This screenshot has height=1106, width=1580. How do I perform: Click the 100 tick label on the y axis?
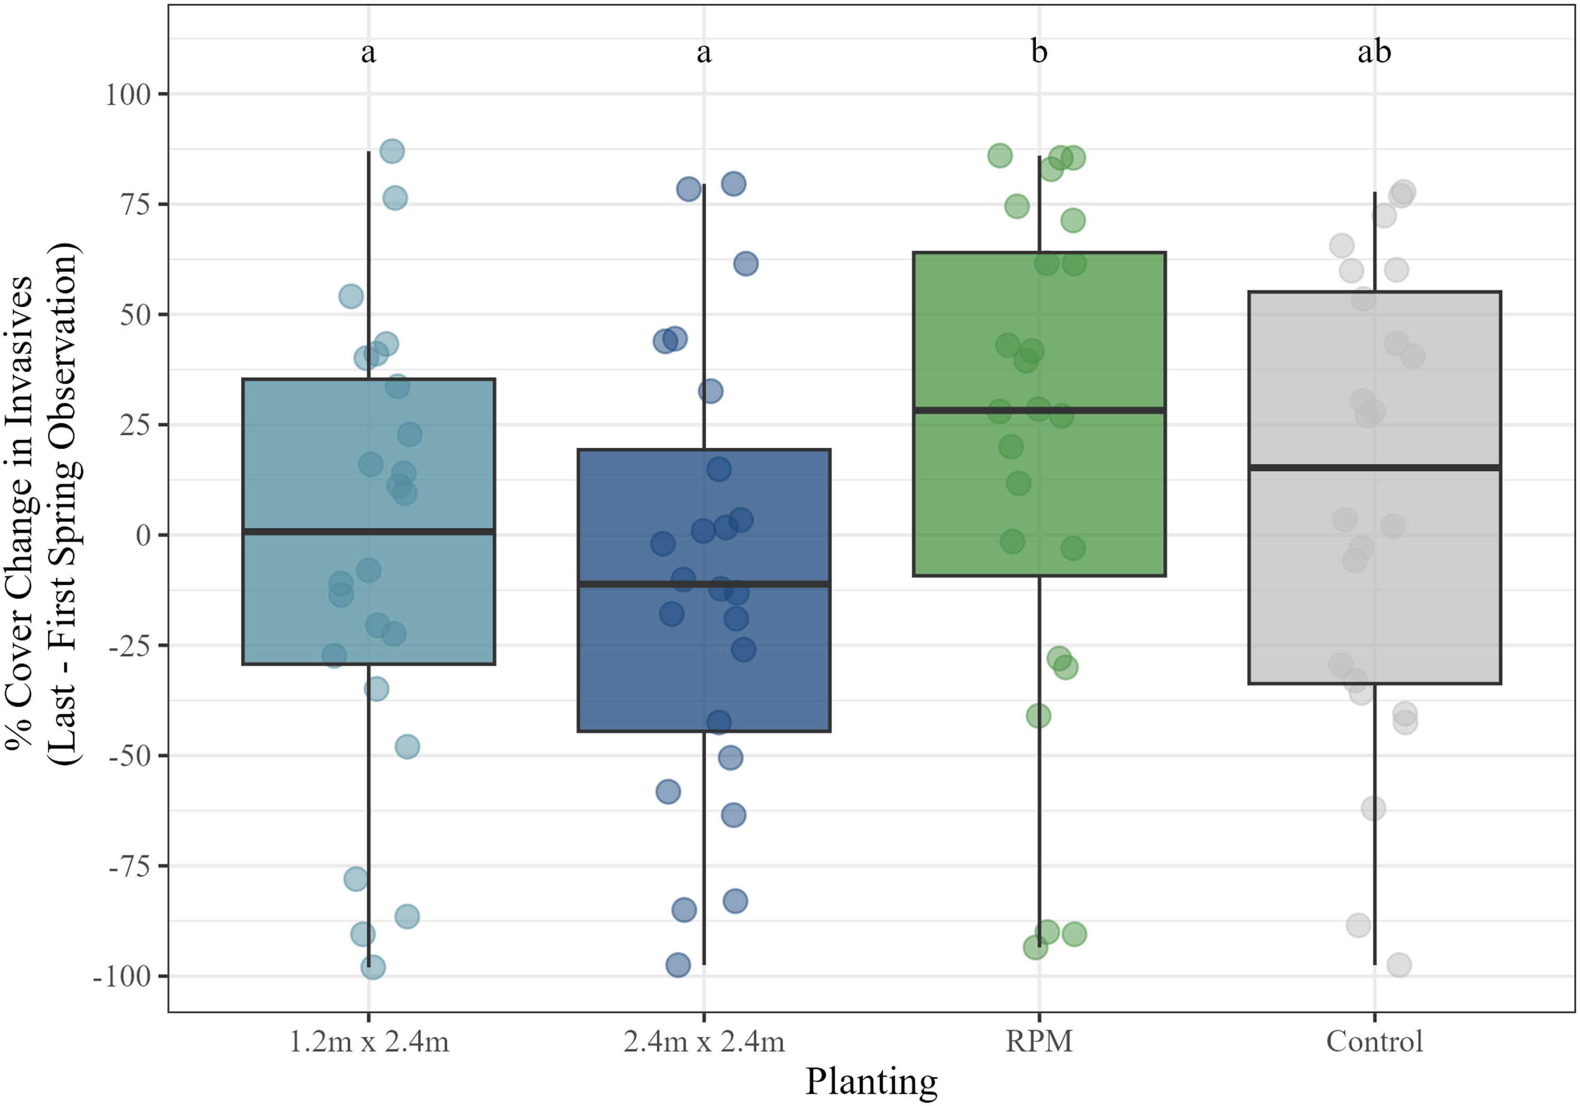click(x=127, y=94)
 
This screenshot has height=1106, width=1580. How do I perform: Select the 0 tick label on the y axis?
click(x=143, y=536)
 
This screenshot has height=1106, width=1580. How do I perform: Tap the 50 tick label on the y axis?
click(x=135, y=315)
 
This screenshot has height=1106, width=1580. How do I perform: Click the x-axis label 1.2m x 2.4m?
click(x=369, y=1041)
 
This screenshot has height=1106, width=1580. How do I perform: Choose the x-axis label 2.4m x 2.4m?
click(x=704, y=1041)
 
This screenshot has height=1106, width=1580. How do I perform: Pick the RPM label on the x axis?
click(x=1039, y=1041)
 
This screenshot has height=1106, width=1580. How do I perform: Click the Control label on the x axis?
click(x=1374, y=1041)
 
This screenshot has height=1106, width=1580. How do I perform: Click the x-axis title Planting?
click(x=871, y=1081)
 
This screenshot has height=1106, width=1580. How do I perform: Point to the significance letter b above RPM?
click(x=1039, y=52)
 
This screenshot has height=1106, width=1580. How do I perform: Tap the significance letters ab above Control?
click(x=1374, y=52)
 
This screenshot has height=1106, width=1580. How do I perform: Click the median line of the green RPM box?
click(x=1039, y=410)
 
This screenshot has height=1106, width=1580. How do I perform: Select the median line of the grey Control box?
click(x=1374, y=468)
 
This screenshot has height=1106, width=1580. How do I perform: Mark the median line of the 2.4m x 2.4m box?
click(x=704, y=584)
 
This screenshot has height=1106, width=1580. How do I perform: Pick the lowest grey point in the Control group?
click(x=1399, y=966)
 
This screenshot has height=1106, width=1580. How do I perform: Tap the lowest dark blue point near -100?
click(x=678, y=965)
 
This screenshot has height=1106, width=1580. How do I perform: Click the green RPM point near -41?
click(x=1038, y=716)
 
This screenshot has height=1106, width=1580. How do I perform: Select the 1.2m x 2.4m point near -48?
click(x=407, y=747)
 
